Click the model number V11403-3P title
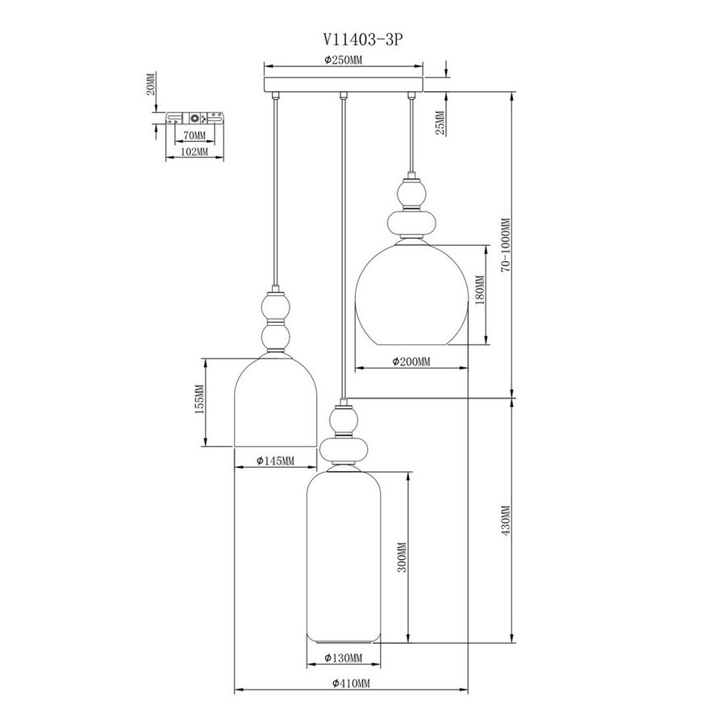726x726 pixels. coord(362,40)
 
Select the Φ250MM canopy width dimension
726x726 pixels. coord(343,60)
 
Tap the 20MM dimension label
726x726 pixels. coord(151,84)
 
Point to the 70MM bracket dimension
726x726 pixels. coord(194,136)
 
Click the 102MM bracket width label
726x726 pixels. coord(194,152)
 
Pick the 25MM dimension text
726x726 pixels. coord(440,123)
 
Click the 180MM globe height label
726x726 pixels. coord(480,290)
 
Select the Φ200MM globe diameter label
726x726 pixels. coord(411,361)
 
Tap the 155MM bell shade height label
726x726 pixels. coord(199,399)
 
